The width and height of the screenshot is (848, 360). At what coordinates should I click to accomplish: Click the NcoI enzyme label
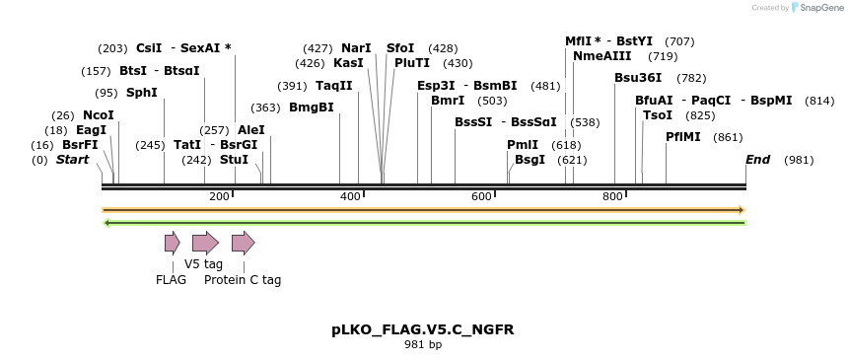pos(99,115)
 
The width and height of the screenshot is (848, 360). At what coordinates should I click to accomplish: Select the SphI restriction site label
pos(141,93)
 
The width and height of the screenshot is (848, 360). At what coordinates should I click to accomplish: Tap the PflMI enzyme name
pos(683,137)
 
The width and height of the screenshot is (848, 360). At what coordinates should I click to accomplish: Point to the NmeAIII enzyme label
pos(602,56)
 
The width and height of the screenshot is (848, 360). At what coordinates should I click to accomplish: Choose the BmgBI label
pos(312,108)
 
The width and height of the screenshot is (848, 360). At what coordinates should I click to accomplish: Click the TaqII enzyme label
pos(334,86)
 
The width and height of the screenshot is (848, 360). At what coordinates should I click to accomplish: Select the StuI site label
pos(234,159)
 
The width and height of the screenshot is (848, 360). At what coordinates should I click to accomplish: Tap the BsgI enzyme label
pos(530,159)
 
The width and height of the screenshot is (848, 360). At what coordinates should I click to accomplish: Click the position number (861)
pos(728,137)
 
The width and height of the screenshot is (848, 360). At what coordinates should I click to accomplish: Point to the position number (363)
pos(265,108)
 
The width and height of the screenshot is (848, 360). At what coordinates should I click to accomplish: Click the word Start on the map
pos(72,159)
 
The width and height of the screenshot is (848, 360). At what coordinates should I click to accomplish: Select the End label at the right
pos(757,159)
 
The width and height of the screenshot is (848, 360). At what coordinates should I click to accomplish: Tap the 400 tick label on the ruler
pos(350,197)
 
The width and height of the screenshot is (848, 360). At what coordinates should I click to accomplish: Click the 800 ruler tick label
pos(612,197)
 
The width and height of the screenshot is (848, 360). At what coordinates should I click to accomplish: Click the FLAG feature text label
pos(171,280)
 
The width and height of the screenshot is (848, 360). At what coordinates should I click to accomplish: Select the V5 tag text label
pos(203,264)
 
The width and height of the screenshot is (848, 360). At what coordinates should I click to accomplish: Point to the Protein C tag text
pos(243,280)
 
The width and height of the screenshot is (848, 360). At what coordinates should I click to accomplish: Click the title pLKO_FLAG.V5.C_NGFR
pos(423,329)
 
